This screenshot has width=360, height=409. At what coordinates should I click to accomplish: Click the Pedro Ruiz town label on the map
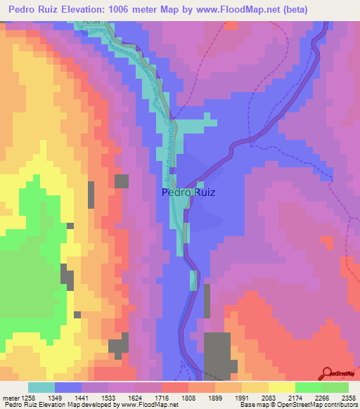coord(188,192)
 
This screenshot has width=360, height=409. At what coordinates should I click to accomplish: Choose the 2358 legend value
coord(347,398)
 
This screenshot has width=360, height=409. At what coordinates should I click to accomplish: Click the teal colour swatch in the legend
coord(41,387)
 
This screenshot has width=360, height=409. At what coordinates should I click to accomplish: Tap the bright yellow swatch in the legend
coord(282,387)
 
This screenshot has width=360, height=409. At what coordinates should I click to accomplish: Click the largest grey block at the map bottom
coord(217,355)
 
